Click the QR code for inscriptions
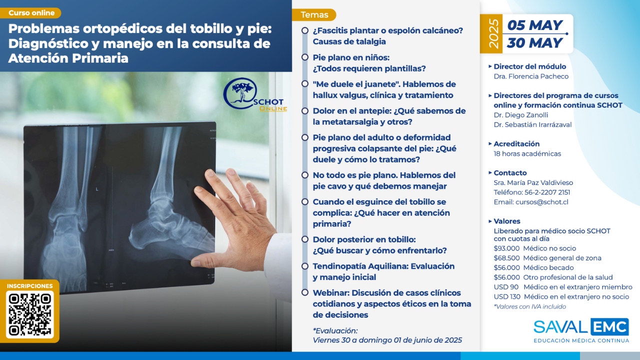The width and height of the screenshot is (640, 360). (29, 314)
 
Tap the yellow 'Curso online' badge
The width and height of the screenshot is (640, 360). (30, 13)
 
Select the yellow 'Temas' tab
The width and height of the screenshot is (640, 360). (314, 15)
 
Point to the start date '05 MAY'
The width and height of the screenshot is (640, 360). (534, 25)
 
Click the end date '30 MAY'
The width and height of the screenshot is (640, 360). (534, 43)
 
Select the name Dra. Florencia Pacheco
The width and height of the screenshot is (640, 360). (531, 76)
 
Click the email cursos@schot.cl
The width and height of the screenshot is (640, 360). (542, 202)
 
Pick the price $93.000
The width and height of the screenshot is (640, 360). (506, 248)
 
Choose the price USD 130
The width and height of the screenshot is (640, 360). (507, 296)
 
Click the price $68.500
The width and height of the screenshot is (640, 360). (506, 258)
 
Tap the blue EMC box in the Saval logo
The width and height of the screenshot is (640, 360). (609, 327)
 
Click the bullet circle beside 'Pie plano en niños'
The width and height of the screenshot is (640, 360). (305, 57)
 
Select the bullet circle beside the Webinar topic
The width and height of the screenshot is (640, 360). (305, 292)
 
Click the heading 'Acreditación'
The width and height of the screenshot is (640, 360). (516, 143)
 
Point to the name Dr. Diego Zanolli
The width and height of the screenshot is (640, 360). (521, 115)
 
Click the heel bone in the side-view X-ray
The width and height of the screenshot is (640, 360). (143, 233)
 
